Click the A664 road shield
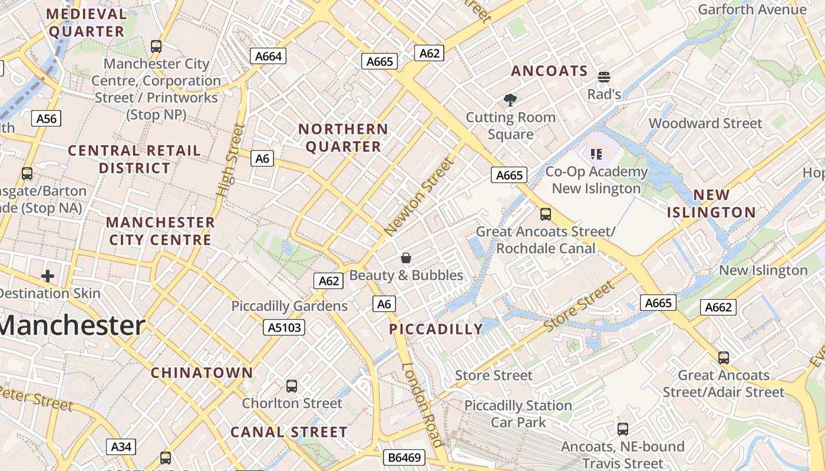(x=269, y=56)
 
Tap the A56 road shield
(x=47, y=118)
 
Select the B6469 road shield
(x=404, y=457)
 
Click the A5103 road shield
(x=284, y=327)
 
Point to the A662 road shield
(x=718, y=307)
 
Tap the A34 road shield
(x=121, y=447)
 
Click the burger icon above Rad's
(x=604, y=77)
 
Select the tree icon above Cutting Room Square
(x=510, y=100)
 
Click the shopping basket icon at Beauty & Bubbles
(x=406, y=258)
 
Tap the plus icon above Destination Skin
(x=48, y=276)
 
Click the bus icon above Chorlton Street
(x=292, y=386)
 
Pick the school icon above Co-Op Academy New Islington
(x=596, y=154)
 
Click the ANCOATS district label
(x=549, y=71)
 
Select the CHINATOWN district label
(x=202, y=373)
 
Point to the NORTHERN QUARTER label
(x=343, y=138)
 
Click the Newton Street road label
(x=420, y=197)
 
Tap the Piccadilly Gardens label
(x=289, y=306)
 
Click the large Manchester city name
(x=72, y=326)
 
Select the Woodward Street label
(x=705, y=123)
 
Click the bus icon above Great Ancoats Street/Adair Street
(x=724, y=357)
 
